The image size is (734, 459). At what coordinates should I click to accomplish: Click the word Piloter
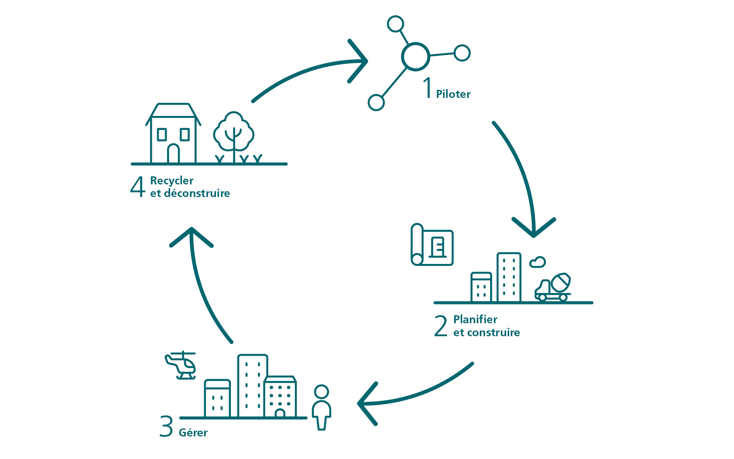[x=453, y=94]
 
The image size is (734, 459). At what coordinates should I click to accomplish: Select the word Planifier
[x=475, y=319]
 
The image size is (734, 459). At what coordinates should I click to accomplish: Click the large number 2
[x=441, y=326]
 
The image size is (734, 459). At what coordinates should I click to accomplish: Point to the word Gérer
[x=193, y=433]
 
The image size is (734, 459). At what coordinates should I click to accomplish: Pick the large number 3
[x=166, y=426]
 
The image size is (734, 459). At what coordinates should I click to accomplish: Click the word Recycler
[x=172, y=181]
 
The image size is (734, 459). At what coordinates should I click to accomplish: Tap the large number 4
[x=138, y=187]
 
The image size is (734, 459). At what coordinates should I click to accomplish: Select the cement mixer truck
[x=553, y=288]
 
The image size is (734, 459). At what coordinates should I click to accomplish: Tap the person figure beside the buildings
[x=322, y=407]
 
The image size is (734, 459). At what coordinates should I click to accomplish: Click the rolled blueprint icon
[x=432, y=245]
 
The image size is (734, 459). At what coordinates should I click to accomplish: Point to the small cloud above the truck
[x=538, y=262]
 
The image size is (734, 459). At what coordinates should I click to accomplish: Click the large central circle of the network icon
[x=416, y=57]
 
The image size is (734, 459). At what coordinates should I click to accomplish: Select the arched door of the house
[x=174, y=153]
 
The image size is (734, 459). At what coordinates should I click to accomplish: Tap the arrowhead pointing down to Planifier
[x=534, y=228]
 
